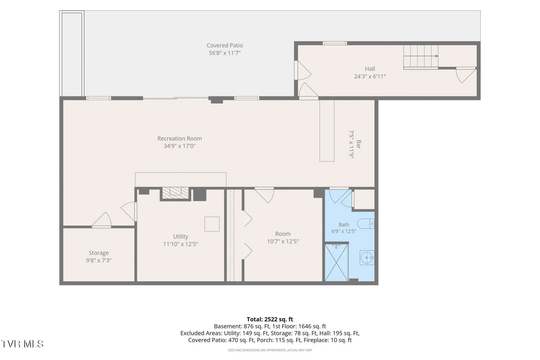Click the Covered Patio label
click(x=225, y=45)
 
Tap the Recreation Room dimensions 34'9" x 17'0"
click(x=180, y=146)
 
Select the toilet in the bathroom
click(x=366, y=224)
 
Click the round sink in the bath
click(x=367, y=258)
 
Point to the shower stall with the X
click(x=337, y=263)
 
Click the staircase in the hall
click(x=421, y=57)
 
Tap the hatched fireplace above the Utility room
click(x=175, y=193)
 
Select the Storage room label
click(x=99, y=253)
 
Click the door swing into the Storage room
click(x=101, y=220)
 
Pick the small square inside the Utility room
click(x=212, y=224)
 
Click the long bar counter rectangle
click(x=327, y=131)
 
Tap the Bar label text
click(x=358, y=144)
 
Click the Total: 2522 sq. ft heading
click(x=270, y=319)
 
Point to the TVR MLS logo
click(x=22, y=344)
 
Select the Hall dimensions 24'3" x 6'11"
click(x=370, y=76)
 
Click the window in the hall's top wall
click(x=335, y=43)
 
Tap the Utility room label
click(x=181, y=236)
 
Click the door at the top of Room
click(x=264, y=195)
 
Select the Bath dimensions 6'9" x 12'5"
click(x=344, y=231)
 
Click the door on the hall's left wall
click(x=303, y=70)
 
